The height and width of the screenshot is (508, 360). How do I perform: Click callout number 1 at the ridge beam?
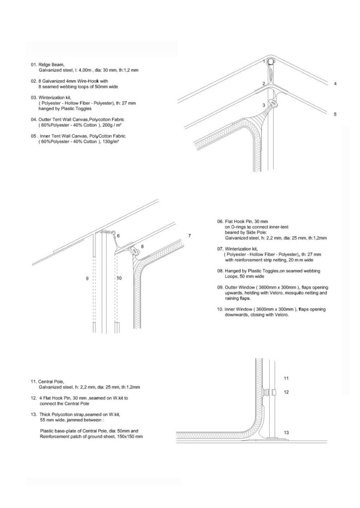tap(265, 62)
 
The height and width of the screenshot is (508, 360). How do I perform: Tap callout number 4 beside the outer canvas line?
tap(335, 84)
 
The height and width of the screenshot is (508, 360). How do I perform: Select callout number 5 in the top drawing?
tap(335, 115)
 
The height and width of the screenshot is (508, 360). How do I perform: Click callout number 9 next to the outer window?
tap(87, 279)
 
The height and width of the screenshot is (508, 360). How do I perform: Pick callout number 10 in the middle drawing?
tap(119, 279)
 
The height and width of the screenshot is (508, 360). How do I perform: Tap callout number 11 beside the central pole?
tap(286, 378)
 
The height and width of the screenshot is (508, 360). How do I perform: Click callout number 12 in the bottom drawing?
tap(286, 392)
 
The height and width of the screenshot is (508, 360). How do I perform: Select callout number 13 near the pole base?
tap(286, 433)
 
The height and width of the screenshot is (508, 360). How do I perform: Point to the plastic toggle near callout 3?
tap(272, 104)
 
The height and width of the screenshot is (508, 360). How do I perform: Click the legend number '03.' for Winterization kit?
tap(34, 97)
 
